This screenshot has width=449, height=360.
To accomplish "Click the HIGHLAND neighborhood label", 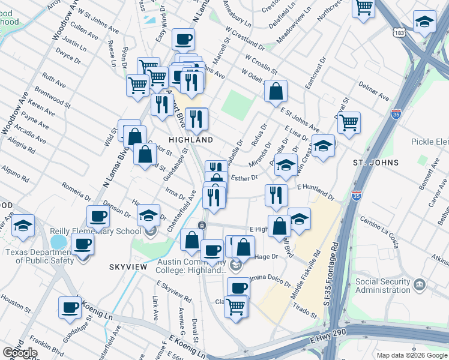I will [x=190, y=139].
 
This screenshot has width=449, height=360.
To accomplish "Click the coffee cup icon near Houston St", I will [x=70, y=307].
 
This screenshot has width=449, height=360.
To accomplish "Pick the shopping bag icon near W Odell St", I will [x=276, y=91].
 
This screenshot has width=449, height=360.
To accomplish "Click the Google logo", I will [x=20, y=353].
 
